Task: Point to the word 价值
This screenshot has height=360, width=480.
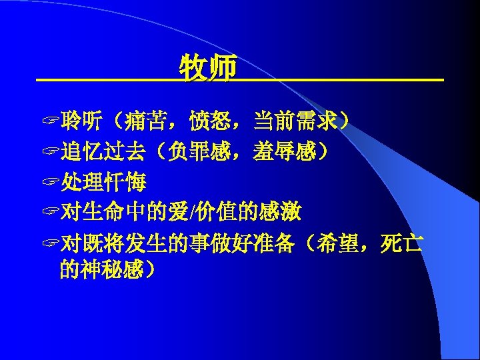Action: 213,213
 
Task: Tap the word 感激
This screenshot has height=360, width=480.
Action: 283,213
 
